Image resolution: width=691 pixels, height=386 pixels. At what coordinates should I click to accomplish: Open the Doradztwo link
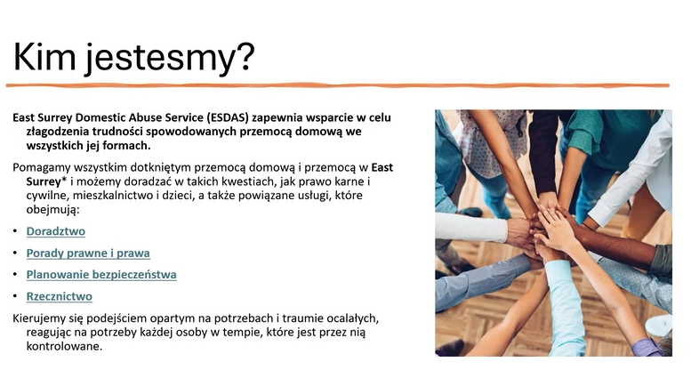[55, 231]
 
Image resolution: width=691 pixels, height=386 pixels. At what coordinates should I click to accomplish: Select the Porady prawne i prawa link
[88, 253]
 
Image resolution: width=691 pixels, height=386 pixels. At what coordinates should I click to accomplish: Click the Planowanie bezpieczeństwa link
[101, 275]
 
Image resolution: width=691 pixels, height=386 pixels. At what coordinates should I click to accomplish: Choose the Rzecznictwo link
[59, 296]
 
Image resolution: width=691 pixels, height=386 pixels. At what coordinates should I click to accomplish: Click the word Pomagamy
[42, 167]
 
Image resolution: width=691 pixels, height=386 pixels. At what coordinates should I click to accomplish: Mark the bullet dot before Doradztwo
[16, 231]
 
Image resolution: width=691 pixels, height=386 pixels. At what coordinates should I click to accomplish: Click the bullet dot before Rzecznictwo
[16, 297]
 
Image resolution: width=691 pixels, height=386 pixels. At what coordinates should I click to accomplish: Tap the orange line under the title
[338, 85]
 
